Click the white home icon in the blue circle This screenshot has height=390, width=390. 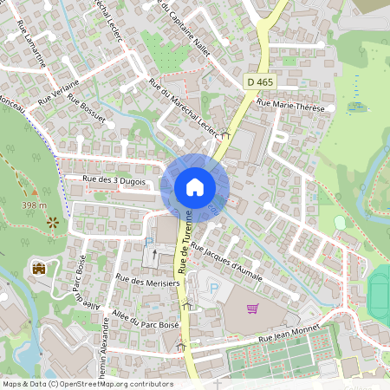[x=195, y=187]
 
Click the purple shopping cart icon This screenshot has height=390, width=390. [x=252, y=308]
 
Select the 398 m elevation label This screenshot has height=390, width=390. [x=35, y=205]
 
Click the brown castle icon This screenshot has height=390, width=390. [x=38, y=268]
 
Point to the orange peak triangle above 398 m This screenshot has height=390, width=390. [x=35, y=191]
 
